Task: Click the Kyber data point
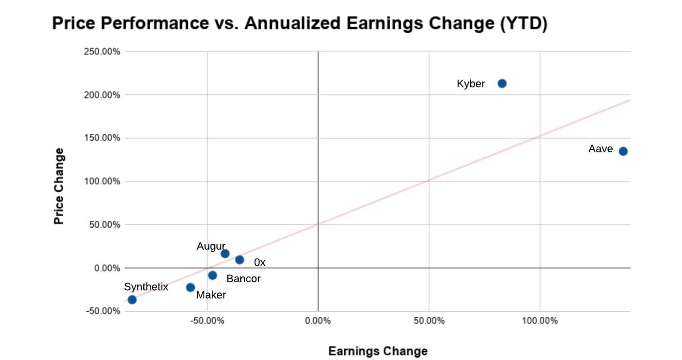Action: (x=502, y=83)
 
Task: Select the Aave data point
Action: (x=623, y=151)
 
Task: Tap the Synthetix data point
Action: (x=132, y=300)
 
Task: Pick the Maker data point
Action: (x=190, y=287)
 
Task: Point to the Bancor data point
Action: (x=212, y=275)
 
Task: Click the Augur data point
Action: (x=225, y=254)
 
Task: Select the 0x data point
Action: (x=239, y=260)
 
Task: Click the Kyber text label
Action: (x=471, y=84)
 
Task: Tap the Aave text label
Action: (x=600, y=149)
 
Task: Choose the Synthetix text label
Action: (x=146, y=287)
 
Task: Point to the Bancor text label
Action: (x=243, y=279)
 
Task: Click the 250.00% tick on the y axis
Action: (x=102, y=52)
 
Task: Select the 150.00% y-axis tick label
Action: (x=102, y=138)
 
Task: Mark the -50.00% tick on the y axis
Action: (x=102, y=311)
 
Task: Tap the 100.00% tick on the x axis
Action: (x=540, y=321)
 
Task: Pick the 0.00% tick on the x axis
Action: (x=318, y=321)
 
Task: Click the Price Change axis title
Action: (x=59, y=186)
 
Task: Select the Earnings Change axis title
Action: (x=378, y=351)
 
